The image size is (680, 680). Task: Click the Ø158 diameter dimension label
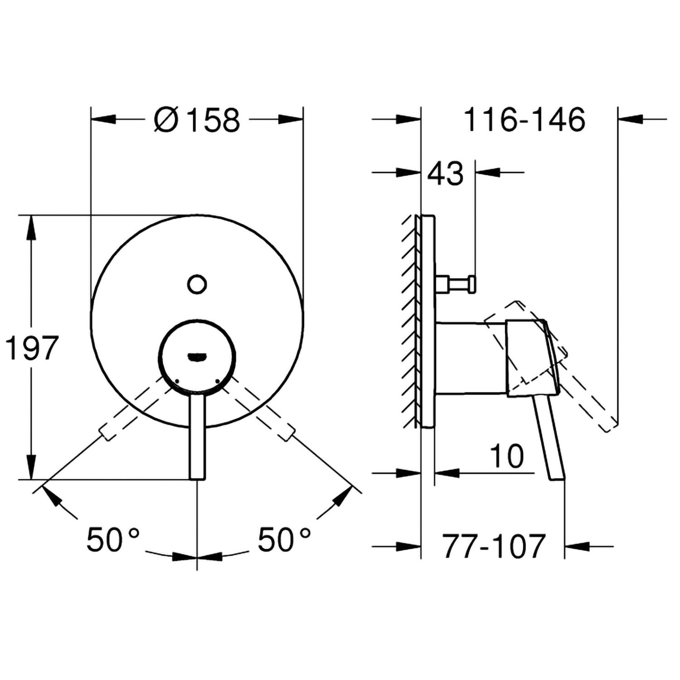coord(196,120)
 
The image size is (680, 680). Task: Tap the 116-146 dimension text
coord(525,120)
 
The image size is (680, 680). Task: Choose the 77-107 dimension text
coord(494,546)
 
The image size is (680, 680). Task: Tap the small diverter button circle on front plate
coord(197,284)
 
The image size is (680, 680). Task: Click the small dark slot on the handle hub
coord(197,358)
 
